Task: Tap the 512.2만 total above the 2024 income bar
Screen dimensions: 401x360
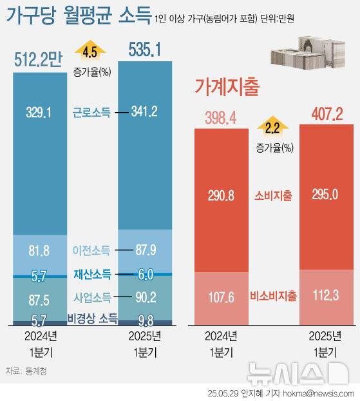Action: (x=39, y=61)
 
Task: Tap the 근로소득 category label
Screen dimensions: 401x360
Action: (x=91, y=112)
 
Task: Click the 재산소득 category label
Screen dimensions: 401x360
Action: (x=91, y=275)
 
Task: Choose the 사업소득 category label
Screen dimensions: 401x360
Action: (x=91, y=297)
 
